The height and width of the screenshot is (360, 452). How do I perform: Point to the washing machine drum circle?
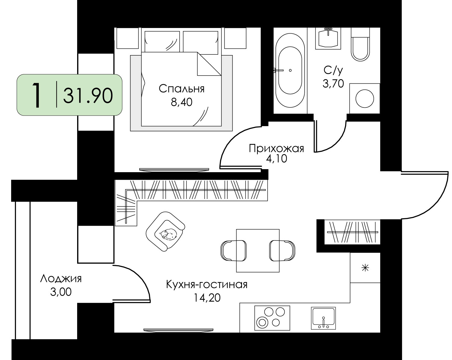click(365, 99)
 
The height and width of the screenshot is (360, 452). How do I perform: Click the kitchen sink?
click(323, 318)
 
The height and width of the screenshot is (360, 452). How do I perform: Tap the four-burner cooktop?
click(272, 318)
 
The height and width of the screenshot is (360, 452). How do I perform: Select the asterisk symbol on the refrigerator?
click(365, 268)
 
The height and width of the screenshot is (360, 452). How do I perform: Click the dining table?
click(258, 250)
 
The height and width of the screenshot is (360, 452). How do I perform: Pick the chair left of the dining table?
click(233, 250)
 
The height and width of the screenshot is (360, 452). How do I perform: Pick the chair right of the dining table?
click(282, 250)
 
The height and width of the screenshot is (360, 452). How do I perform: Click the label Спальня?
click(181, 89)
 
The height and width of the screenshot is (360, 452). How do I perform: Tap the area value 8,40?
click(181, 102)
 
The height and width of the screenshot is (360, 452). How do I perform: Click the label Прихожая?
click(276, 148)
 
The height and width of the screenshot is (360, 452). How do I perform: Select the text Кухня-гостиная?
click(207, 285)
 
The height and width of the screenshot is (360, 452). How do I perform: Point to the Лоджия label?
click(61, 279)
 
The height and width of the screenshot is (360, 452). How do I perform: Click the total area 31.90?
click(88, 95)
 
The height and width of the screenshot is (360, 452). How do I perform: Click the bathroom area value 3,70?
click(333, 83)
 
